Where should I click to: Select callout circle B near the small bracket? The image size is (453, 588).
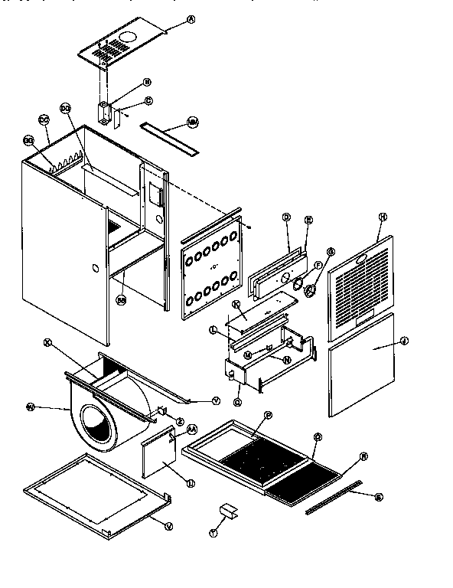click(x=147, y=81)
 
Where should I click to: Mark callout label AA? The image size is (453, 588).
click(x=192, y=431)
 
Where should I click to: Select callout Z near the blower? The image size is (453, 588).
click(x=180, y=420)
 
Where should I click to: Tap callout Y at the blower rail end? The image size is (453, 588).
click(x=215, y=400)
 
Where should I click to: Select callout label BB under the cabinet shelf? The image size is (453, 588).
click(x=120, y=299)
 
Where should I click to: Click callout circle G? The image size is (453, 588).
click(x=331, y=252)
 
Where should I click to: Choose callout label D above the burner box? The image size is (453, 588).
click(x=286, y=217)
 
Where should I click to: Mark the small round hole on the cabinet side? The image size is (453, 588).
click(x=94, y=269)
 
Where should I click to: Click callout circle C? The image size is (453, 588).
click(x=148, y=100)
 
